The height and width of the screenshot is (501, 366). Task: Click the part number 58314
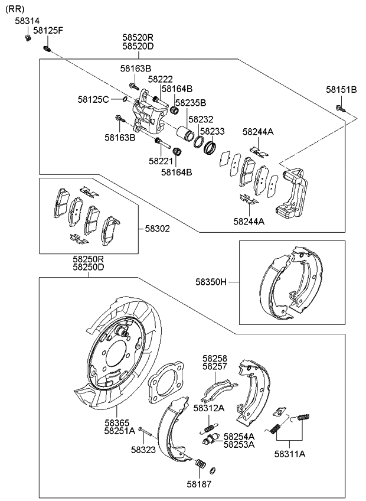point(27,21)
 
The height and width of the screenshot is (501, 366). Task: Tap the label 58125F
point(48,30)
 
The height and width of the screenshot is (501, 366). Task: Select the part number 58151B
point(341,90)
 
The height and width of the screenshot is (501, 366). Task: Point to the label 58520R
point(138,37)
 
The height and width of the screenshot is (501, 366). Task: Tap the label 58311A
point(289,454)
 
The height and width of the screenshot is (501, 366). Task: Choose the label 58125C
point(93,99)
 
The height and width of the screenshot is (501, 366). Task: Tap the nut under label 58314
point(28,38)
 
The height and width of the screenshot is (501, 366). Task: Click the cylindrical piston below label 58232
point(187,134)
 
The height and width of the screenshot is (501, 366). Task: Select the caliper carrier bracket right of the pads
point(292,192)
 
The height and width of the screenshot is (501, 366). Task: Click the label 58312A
point(210,408)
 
